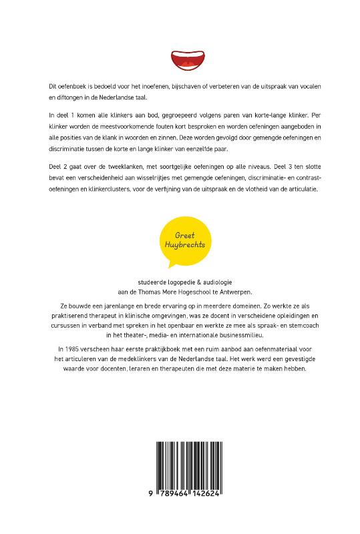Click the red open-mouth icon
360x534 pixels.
[x=180, y=60]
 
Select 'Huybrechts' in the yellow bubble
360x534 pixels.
[x=180, y=246]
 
